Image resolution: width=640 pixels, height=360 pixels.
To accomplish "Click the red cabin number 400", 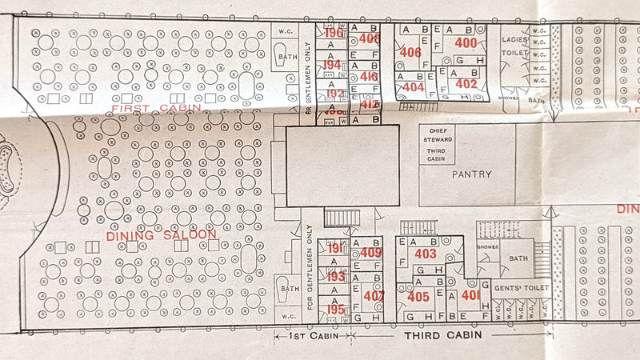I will coord(466,42).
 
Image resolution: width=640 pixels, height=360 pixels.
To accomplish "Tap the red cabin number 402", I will coord(466,83).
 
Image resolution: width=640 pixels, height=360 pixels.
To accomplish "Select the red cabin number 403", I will coord(426,254).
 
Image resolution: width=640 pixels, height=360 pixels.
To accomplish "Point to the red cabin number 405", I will coord(418,296).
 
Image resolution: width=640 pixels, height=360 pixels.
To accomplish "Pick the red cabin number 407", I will coord(373,294).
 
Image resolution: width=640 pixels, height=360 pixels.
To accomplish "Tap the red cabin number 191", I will coord(335,248).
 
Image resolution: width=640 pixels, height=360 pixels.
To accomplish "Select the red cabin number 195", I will coord(335,309).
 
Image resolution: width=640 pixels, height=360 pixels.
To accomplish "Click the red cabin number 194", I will coord(333,65).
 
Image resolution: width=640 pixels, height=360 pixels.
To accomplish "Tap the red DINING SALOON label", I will coord(162,234).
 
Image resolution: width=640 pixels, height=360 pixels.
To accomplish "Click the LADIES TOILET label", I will coord(516,46).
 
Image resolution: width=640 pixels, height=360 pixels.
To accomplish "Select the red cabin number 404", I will coord(414,86).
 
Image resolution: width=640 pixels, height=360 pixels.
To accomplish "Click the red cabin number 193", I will coord(335,277).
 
